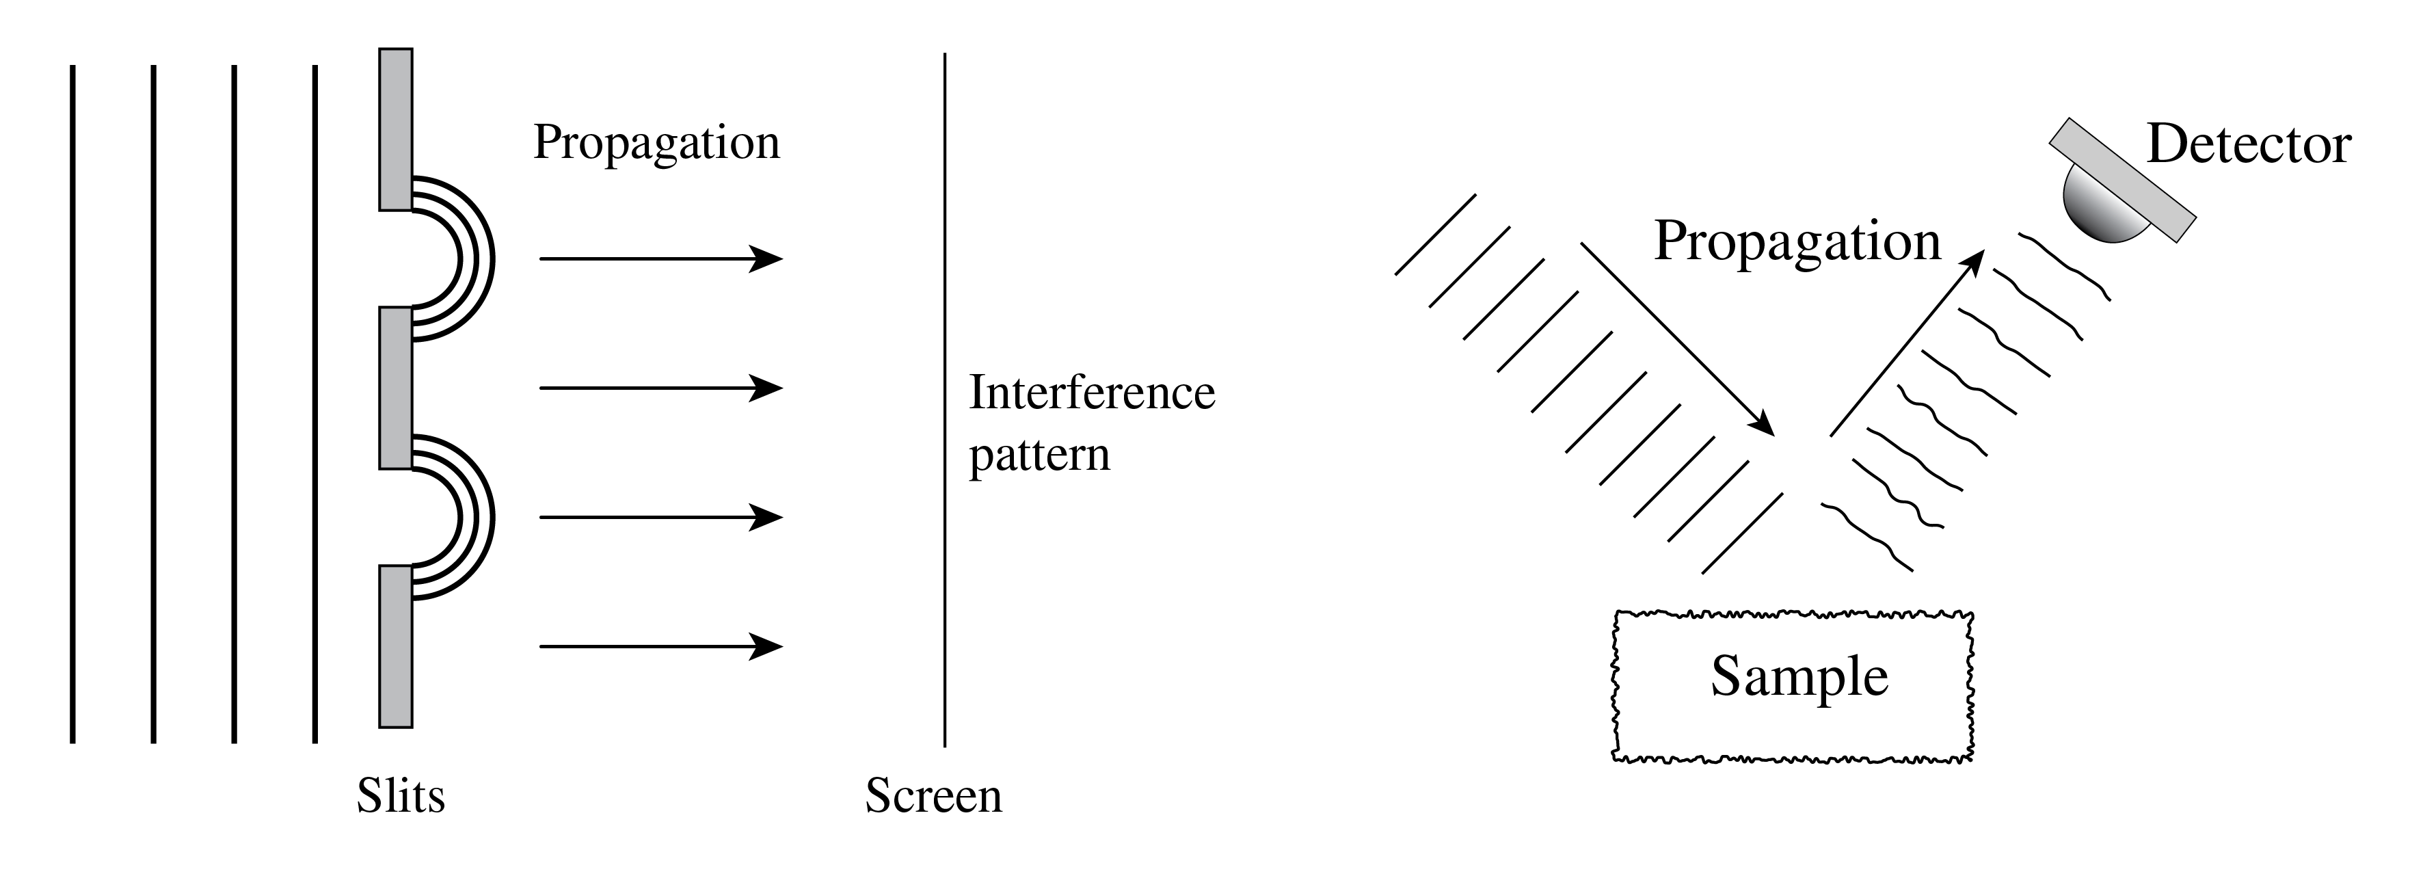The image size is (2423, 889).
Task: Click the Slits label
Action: click(401, 796)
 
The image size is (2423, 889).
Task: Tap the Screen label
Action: click(933, 796)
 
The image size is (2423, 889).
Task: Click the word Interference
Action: click(1092, 393)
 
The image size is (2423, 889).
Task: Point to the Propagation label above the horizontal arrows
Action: click(656, 142)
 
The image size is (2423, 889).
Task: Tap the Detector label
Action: click(2249, 145)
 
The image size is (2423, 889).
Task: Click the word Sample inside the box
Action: click(1798, 676)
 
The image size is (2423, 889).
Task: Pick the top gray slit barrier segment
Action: click(396, 130)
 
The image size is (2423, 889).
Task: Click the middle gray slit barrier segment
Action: click(396, 388)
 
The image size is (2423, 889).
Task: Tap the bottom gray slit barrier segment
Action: click(396, 646)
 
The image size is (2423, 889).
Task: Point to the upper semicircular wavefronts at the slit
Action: click(475, 258)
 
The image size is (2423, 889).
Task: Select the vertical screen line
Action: click(944, 400)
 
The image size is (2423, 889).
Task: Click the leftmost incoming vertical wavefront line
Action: click(72, 405)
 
